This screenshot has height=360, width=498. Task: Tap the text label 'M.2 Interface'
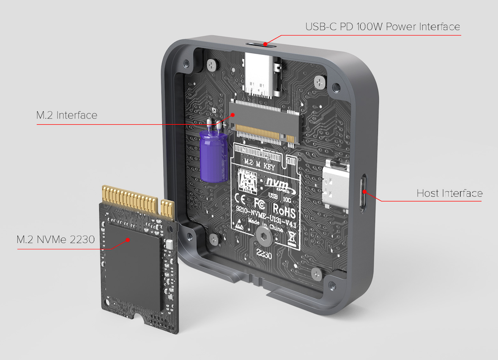point(67,115)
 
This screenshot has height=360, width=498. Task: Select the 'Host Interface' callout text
point(449,193)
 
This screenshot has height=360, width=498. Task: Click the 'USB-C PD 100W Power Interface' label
point(383,27)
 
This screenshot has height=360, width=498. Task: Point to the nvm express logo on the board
point(277,182)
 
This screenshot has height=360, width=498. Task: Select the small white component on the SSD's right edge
point(170,245)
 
